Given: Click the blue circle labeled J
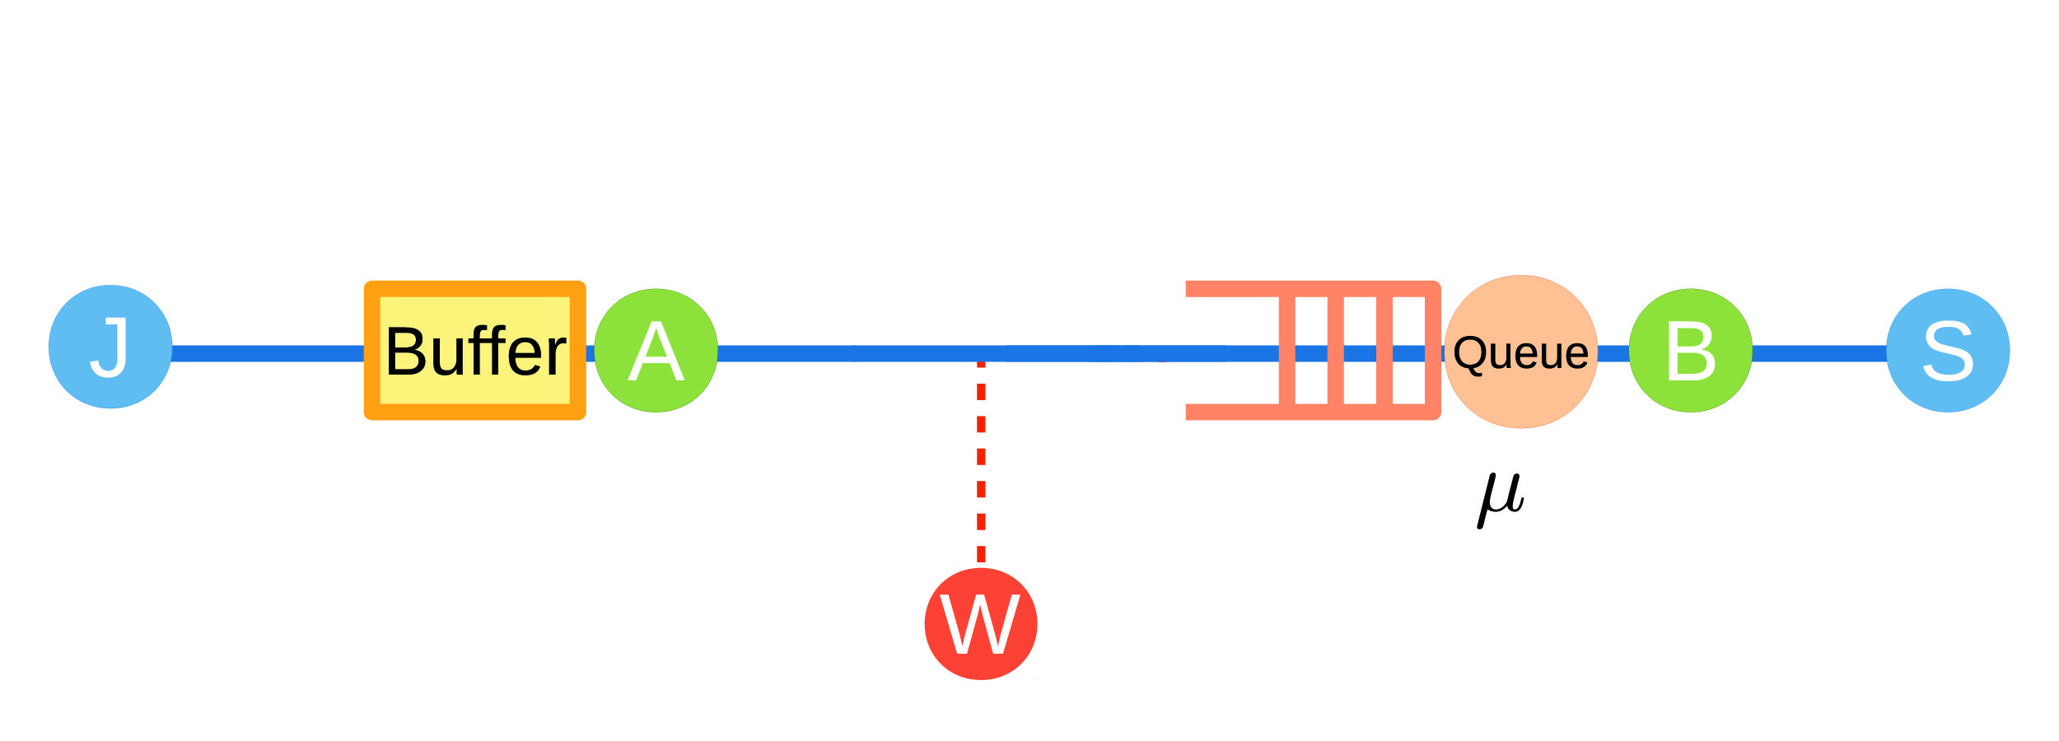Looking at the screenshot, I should coord(110,347).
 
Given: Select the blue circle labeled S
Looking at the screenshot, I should coord(1949,351).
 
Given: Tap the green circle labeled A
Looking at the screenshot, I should coord(656,351).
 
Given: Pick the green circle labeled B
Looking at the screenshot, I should coord(1691,351).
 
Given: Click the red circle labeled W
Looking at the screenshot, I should coord(981,623).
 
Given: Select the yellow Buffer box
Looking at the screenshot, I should coord(474,351).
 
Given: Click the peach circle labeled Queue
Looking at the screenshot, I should coord(1521,352).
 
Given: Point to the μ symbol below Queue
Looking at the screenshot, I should coord(1501,498).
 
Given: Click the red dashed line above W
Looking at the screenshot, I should coord(981,461).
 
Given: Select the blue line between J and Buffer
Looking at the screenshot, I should coord(268,354).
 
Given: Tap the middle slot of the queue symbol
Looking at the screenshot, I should coord(1360,321).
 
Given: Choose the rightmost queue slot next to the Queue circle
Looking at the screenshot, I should coord(1409,321).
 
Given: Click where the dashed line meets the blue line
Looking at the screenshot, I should coord(981,355).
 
